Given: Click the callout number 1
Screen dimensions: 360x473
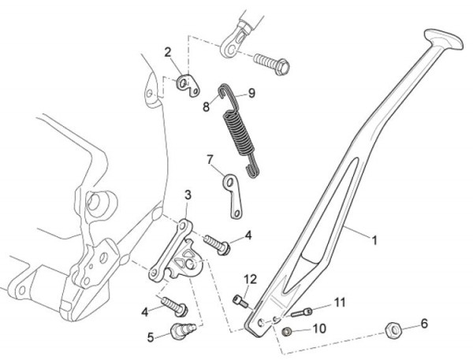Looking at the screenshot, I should click(375, 236).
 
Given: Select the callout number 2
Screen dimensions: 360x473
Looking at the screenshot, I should click(168, 53).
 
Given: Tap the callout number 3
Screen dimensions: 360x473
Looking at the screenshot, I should click(188, 195).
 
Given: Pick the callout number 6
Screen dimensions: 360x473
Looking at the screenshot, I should click(424, 323).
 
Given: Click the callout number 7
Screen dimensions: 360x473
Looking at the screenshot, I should click(210, 159).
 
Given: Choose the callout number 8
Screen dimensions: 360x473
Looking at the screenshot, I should click(206, 105).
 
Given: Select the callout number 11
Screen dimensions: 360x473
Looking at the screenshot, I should click(340, 302).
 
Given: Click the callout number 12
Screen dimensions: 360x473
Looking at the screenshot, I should click(250, 278).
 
